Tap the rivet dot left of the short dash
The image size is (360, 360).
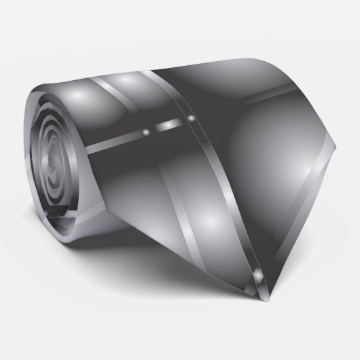click(147, 128)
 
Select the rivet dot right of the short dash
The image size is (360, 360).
click(191, 119)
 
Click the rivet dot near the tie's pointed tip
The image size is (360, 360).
click(259, 274)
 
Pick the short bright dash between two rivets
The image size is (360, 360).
click(169, 124)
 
